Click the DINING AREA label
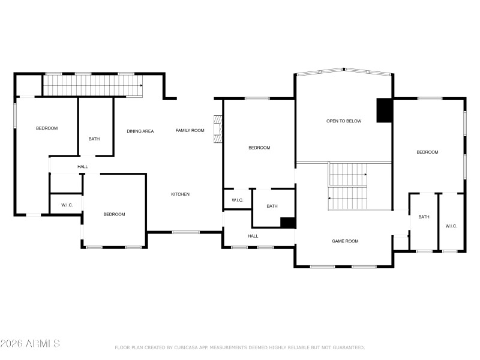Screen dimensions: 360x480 point(140,131)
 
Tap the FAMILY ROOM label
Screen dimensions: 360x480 point(190,130)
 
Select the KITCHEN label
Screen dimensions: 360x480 point(181,194)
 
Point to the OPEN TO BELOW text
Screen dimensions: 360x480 point(344,121)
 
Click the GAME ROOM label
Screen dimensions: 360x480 point(345,241)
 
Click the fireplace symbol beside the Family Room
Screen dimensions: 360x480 point(218,129)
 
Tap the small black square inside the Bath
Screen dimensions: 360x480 point(288,223)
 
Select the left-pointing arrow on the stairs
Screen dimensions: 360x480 point(331,197)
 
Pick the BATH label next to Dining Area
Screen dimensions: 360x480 point(94,139)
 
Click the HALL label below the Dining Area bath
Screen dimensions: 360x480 point(82,167)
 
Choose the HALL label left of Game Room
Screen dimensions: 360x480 point(253,236)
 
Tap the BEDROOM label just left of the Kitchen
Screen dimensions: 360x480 point(114,215)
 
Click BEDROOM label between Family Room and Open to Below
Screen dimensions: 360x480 point(259,148)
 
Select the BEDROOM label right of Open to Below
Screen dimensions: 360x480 point(427,152)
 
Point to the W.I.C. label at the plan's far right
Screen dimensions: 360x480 point(451,226)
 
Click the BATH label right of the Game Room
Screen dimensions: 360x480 point(424,217)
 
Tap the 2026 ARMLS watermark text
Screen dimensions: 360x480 point(30,344)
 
